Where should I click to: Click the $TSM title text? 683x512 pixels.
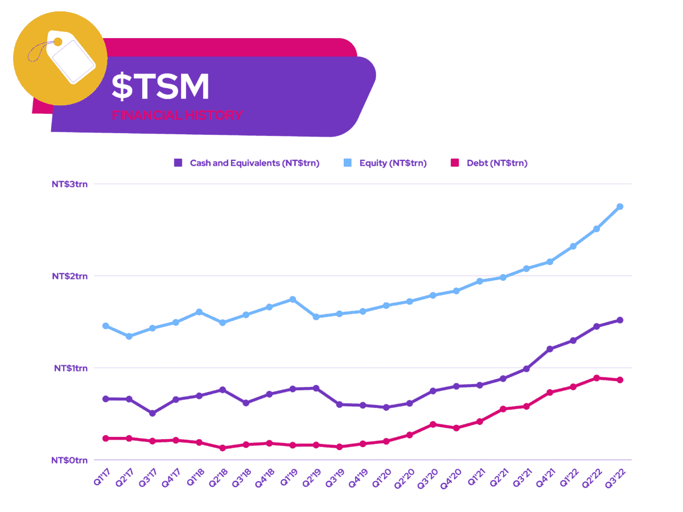pyautogui.click(x=161, y=86)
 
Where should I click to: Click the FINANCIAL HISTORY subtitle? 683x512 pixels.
pyautogui.click(x=177, y=115)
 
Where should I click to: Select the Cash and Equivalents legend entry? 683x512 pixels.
pyautogui.click(x=247, y=163)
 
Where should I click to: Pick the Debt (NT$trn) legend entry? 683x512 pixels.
pyautogui.click(x=489, y=163)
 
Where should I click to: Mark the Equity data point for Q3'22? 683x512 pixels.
pyautogui.click(x=620, y=207)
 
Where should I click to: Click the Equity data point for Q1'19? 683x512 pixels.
pyautogui.click(x=293, y=299)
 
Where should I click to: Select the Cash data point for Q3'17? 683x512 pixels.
pyautogui.click(x=153, y=413)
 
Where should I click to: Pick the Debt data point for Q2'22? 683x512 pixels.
pyautogui.click(x=596, y=378)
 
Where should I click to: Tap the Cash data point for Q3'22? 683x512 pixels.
pyautogui.click(x=620, y=320)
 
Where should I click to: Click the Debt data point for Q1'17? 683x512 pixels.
pyautogui.click(x=106, y=438)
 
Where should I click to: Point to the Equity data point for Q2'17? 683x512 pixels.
pyautogui.click(x=129, y=336)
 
